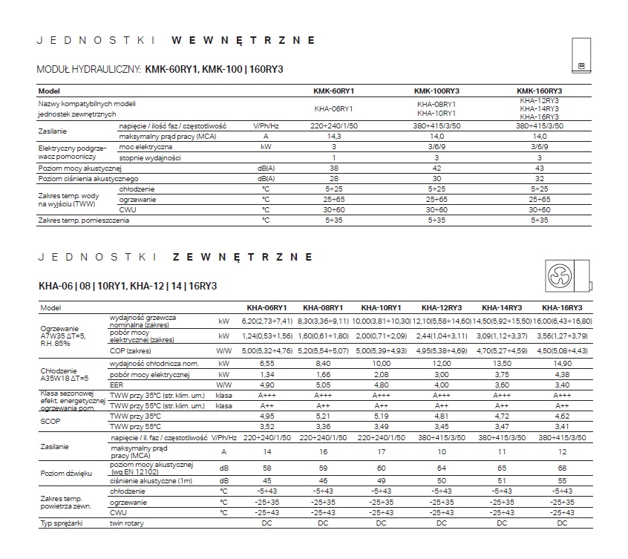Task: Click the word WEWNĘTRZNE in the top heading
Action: click(x=243, y=39)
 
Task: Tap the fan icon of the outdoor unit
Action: click(x=559, y=277)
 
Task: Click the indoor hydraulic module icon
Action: click(x=580, y=55)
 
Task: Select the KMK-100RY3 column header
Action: click(x=436, y=91)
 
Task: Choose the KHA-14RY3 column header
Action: click(x=501, y=307)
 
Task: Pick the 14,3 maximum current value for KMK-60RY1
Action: click(x=334, y=137)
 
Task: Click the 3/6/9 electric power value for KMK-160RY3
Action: click(x=539, y=147)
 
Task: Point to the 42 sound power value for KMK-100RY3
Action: click(x=436, y=169)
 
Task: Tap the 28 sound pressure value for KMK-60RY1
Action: click(x=334, y=179)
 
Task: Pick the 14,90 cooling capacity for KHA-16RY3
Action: click(x=561, y=365)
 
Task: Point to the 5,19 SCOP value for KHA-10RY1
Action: click(x=381, y=417)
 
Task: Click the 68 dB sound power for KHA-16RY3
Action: click(x=561, y=469)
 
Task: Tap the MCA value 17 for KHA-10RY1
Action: click(x=381, y=451)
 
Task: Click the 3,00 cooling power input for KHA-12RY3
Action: click(x=441, y=376)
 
